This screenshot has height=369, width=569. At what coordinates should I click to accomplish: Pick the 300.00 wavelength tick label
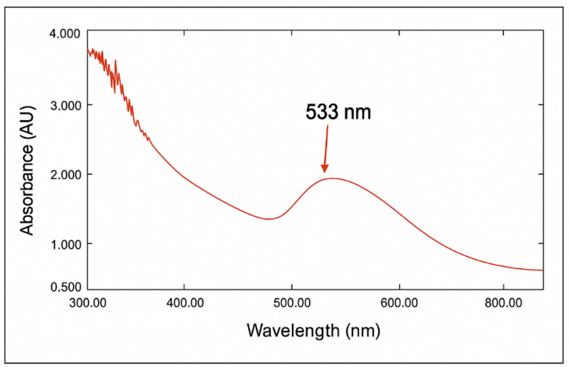click(88, 303)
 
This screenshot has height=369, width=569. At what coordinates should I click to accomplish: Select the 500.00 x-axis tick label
click(292, 303)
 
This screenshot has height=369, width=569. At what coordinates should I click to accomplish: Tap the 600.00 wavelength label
click(399, 303)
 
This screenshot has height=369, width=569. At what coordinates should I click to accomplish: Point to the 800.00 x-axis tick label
click(503, 303)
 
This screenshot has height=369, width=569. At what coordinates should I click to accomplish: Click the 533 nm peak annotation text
click(338, 112)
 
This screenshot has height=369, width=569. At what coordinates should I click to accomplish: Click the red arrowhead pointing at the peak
click(324, 169)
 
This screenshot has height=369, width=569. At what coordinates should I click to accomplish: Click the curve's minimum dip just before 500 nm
click(268, 219)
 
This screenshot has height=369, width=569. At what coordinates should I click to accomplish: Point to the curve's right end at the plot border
click(542, 270)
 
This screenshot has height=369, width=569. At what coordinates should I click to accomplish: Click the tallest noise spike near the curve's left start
click(115, 61)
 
